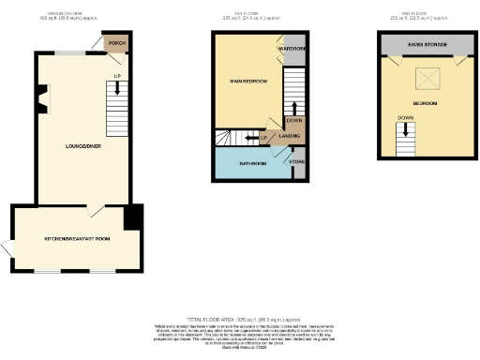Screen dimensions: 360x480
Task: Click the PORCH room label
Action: (x=116, y=44)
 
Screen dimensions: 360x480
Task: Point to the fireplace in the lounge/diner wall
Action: (x=41, y=97)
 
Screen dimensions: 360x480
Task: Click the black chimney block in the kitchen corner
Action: (x=133, y=217)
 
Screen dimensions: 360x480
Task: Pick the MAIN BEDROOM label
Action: (x=248, y=82)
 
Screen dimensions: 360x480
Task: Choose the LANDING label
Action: (x=290, y=138)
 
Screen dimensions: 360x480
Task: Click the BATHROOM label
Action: (x=253, y=164)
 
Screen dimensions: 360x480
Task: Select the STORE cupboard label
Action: (x=296, y=163)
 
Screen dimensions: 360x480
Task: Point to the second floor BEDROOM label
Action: (x=425, y=103)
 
